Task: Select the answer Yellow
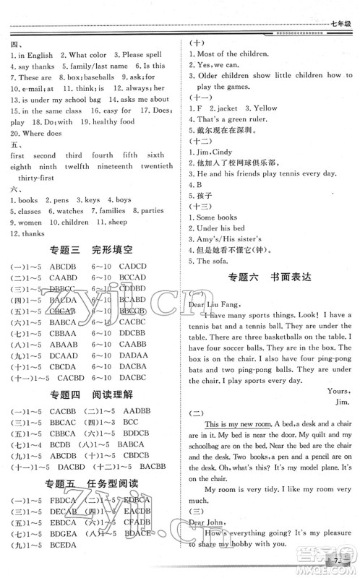coord(264,108)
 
